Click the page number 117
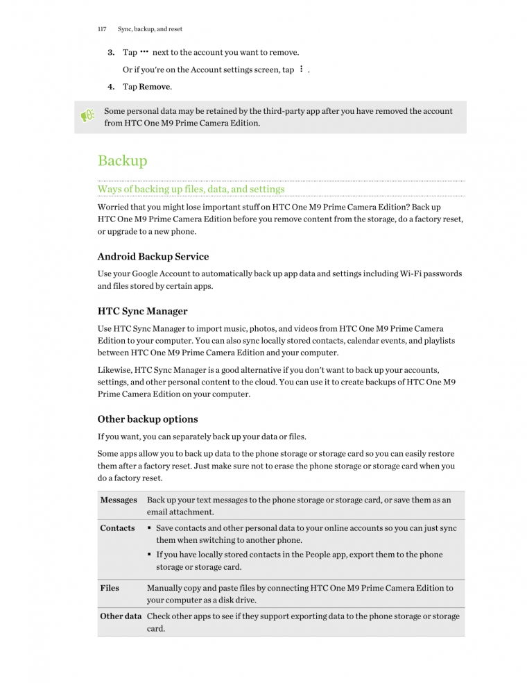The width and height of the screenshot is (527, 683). [x=101, y=29]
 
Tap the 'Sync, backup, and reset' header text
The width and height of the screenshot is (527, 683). [x=150, y=29]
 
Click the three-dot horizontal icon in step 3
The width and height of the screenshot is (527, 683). [x=144, y=52]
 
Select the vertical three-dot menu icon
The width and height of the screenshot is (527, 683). [x=301, y=69]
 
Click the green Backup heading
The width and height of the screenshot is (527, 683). [x=123, y=161]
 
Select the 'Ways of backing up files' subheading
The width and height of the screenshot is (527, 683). [x=191, y=189]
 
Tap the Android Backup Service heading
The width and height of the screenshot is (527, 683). [x=153, y=256]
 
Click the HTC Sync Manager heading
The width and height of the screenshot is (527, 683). [x=143, y=311]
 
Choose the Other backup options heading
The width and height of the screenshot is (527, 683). [x=148, y=419]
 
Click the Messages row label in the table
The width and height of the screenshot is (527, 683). [x=118, y=500]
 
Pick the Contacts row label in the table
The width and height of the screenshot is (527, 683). [x=117, y=528]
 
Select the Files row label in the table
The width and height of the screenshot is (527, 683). [x=110, y=588]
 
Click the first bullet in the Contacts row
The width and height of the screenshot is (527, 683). [x=150, y=528]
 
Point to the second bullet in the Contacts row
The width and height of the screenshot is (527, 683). [x=150, y=555]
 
